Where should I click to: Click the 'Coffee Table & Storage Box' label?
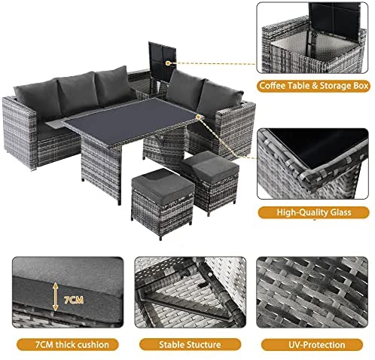[313, 86]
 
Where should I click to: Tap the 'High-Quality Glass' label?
[314, 212]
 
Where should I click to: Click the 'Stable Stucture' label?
[190, 344]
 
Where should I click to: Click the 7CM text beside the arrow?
[74, 300]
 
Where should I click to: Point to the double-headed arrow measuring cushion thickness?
[56, 297]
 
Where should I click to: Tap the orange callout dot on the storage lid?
[168, 63]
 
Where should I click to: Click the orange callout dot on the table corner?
[198, 117]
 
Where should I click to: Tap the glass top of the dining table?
[132, 117]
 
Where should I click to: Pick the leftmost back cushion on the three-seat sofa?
[38, 97]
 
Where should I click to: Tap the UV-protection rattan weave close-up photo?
[312, 292]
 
